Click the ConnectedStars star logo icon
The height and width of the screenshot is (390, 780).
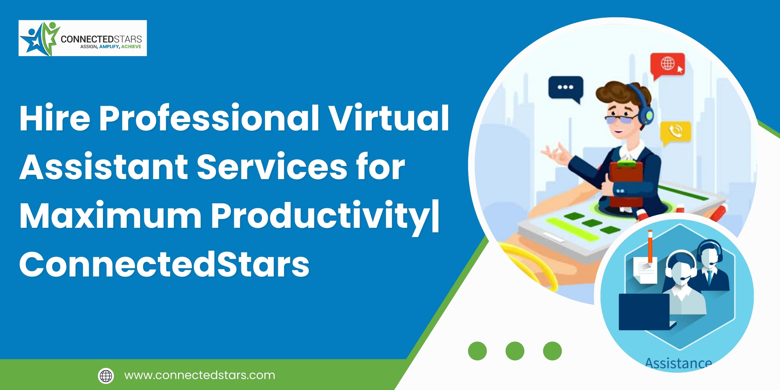click(x=39, y=38)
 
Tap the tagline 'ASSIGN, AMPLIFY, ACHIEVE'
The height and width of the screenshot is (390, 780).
click(x=111, y=47)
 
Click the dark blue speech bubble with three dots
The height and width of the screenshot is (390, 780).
click(x=566, y=89)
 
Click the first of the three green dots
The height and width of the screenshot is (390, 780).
click(x=477, y=351)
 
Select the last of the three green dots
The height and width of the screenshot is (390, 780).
click(x=552, y=351)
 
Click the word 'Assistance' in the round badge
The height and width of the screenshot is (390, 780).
click(x=678, y=363)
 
